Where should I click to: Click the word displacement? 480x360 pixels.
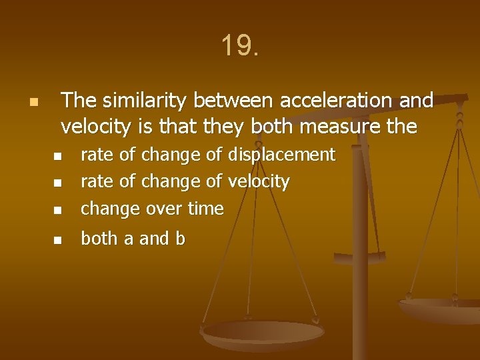click(281, 155)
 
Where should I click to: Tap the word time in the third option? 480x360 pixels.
click(206, 209)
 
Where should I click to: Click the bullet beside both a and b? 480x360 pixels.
click(57, 239)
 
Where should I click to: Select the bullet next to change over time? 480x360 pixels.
click(57, 210)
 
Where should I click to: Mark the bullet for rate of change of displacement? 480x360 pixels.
click(57, 157)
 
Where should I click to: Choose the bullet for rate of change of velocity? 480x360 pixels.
click(57, 183)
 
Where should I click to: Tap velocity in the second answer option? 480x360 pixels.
click(259, 182)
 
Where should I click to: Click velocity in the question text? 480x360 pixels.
click(90, 126)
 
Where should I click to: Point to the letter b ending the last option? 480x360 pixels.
click(180, 239)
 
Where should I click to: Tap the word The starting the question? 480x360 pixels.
click(79, 101)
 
